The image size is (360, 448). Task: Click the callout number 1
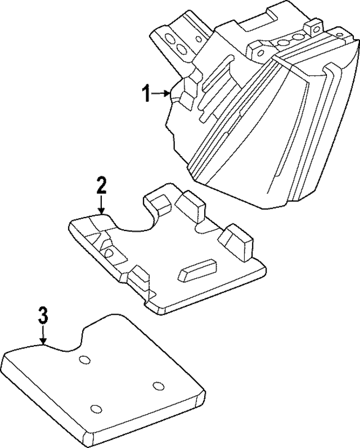coord(146,93)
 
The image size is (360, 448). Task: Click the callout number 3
coord(43,315)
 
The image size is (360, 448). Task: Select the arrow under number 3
coord(43,336)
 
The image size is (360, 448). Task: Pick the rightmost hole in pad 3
coord(159,386)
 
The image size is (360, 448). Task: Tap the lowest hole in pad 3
coord(96,408)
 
